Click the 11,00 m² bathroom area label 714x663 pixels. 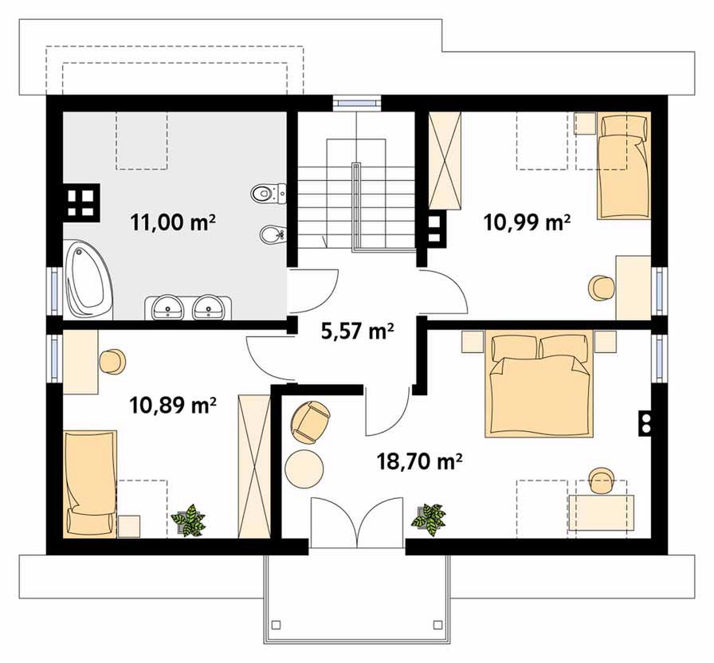pyautogui.click(x=173, y=222)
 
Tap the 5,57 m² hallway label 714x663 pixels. pyautogui.click(x=357, y=331)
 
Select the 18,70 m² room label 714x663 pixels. pyautogui.click(x=420, y=461)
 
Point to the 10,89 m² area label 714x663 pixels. pyautogui.click(x=173, y=404)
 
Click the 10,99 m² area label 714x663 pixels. pyautogui.click(x=527, y=222)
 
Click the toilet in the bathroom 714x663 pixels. pyautogui.click(x=269, y=194)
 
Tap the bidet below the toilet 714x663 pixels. pyautogui.click(x=273, y=235)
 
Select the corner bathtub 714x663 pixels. pyautogui.click(x=88, y=280)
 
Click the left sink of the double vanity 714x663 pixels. pyautogui.click(x=168, y=307)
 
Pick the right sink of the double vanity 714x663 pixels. pyautogui.click(x=209, y=307)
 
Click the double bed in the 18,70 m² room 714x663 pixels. pyautogui.click(x=539, y=384)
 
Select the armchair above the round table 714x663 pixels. pyautogui.click(x=311, y=422)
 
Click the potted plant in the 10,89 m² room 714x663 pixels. pyautogui.click(x=188, y=520)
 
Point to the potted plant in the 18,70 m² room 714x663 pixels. pyautogui.click(x=429, y=520)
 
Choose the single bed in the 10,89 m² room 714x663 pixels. pyautogui.click(x=90, y=484)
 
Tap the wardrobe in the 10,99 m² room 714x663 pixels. pyautogui.click(x=445, y=160)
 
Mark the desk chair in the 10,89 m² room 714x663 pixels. pyautogui.click(x=112, y=362)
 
